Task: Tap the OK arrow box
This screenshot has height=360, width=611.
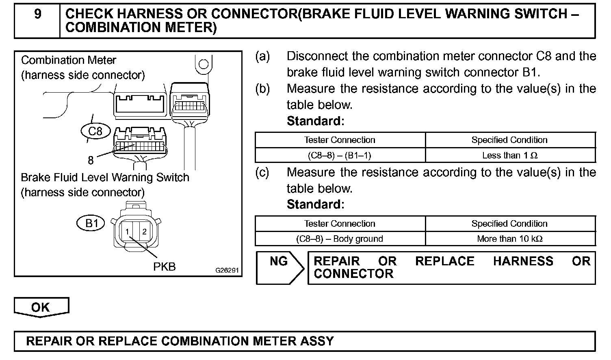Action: (x=41, y=307)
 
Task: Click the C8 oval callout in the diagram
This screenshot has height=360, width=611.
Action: (x=95, y=131)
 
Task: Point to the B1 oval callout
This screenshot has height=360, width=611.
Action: (x=91, y=223)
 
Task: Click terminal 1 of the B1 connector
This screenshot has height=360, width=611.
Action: (x=127, y=232)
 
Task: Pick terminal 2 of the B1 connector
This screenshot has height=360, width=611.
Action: (x=144, y=232)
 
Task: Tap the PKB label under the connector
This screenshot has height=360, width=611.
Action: (x=164, y=267)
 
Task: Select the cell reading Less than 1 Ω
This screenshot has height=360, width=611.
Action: (x=510, y=155)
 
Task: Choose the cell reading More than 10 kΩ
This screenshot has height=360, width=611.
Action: (x=510, y=239)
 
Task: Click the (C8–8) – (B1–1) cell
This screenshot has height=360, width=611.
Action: (x=340, y=155)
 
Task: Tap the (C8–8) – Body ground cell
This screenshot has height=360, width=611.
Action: (x=340, y=239)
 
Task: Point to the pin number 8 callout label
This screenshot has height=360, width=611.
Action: (x=91, y=160)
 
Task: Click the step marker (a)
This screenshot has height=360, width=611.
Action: (x=262, y=56)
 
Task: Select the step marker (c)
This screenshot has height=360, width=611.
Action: (x=262, y=172)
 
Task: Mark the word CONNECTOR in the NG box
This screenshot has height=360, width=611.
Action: (x=353, y=274)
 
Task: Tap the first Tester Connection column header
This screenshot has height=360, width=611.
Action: (x=340, y=140)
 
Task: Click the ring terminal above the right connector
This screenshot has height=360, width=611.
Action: (x=204, y=64)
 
